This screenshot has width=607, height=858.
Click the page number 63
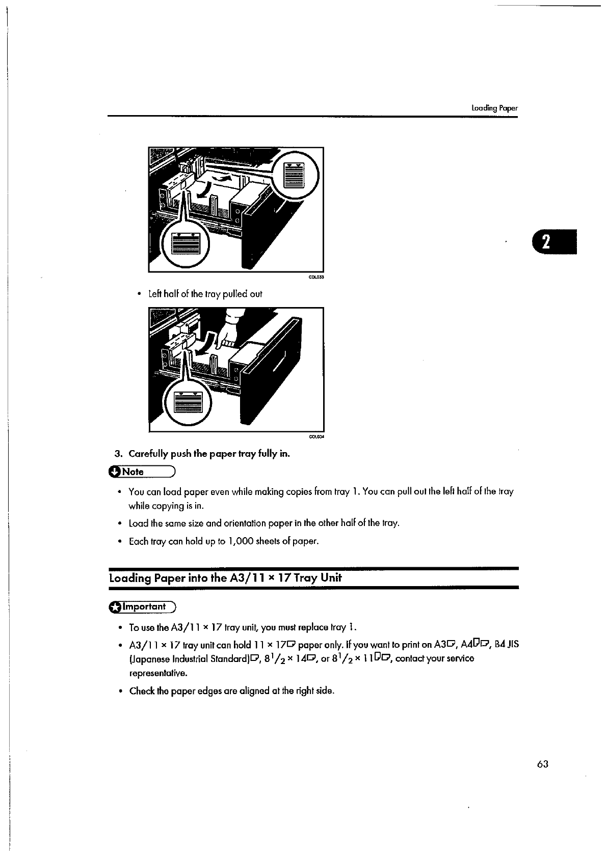(542, 764)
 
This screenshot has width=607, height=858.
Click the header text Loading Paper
(494, 108)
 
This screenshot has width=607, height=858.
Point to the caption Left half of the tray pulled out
(205, 294)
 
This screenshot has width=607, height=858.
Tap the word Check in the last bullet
(142, 691)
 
